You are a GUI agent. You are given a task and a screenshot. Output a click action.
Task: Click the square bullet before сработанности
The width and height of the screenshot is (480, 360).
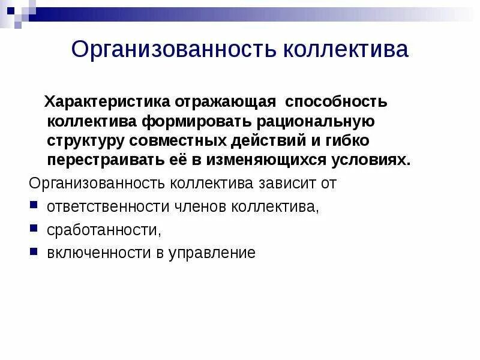pyautogui.click(x=34, y=227)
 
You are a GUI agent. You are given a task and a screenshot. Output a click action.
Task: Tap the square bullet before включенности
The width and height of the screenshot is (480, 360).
pyautogui.click(x=34, y=251)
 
